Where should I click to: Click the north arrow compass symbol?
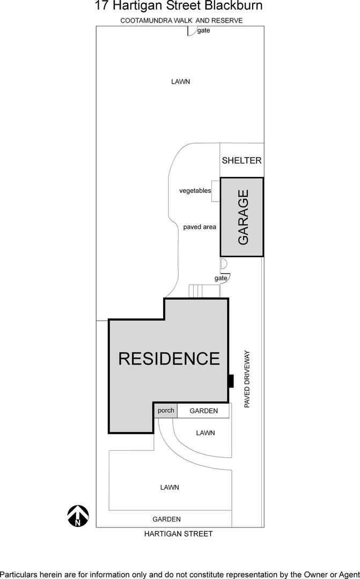pyautogui.click(x=78, y=515)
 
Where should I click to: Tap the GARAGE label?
pyautogui.click(x=243, y=217)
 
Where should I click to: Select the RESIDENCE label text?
pyautogui.click(x=169, y=358)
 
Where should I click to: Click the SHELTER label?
pyautogui.click(x=241, y=160)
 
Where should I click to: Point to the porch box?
pyautogui.click(x=166, y=411)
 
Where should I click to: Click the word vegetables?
pyautogui.click(x=195, y=191)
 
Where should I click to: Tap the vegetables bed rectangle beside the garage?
pyautogui.click(x=216, y=191)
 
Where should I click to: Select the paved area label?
pyautogui.click(x=200, y=227)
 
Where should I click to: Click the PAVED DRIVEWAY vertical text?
pyautogui.click(x=247, y=379)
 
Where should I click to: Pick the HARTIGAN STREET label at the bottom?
pyautogui.click(x=179, y=533)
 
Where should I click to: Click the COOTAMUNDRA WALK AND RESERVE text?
pyautogui.click(x=181, y=20)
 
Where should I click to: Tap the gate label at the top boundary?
pyautogui.click(x=203, y=31)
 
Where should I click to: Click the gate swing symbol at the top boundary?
pyautogui.click(x=190, y=31)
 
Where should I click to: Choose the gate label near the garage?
pyautogui.click(x=221, y=278)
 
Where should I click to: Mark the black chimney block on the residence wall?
pyautogui.click(x=231, y=381)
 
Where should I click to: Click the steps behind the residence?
pyautogui.click(x=197, y=291)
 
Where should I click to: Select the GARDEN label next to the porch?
pyautogui.click(x=204, y=411)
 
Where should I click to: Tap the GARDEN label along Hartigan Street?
pyautogui.click(x=166, y=519)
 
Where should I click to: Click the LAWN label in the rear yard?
pyautogui.click(x=181, y=81)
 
